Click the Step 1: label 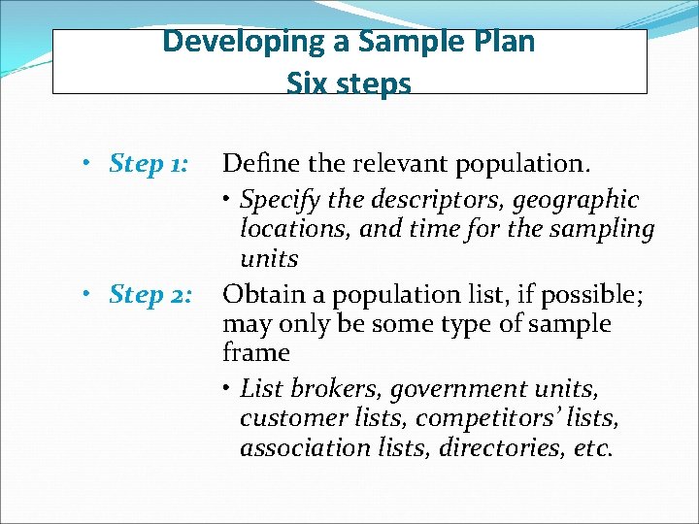[150, 163]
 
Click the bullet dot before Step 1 [87, 163]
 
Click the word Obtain [257, 294]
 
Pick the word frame [256, 353]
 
